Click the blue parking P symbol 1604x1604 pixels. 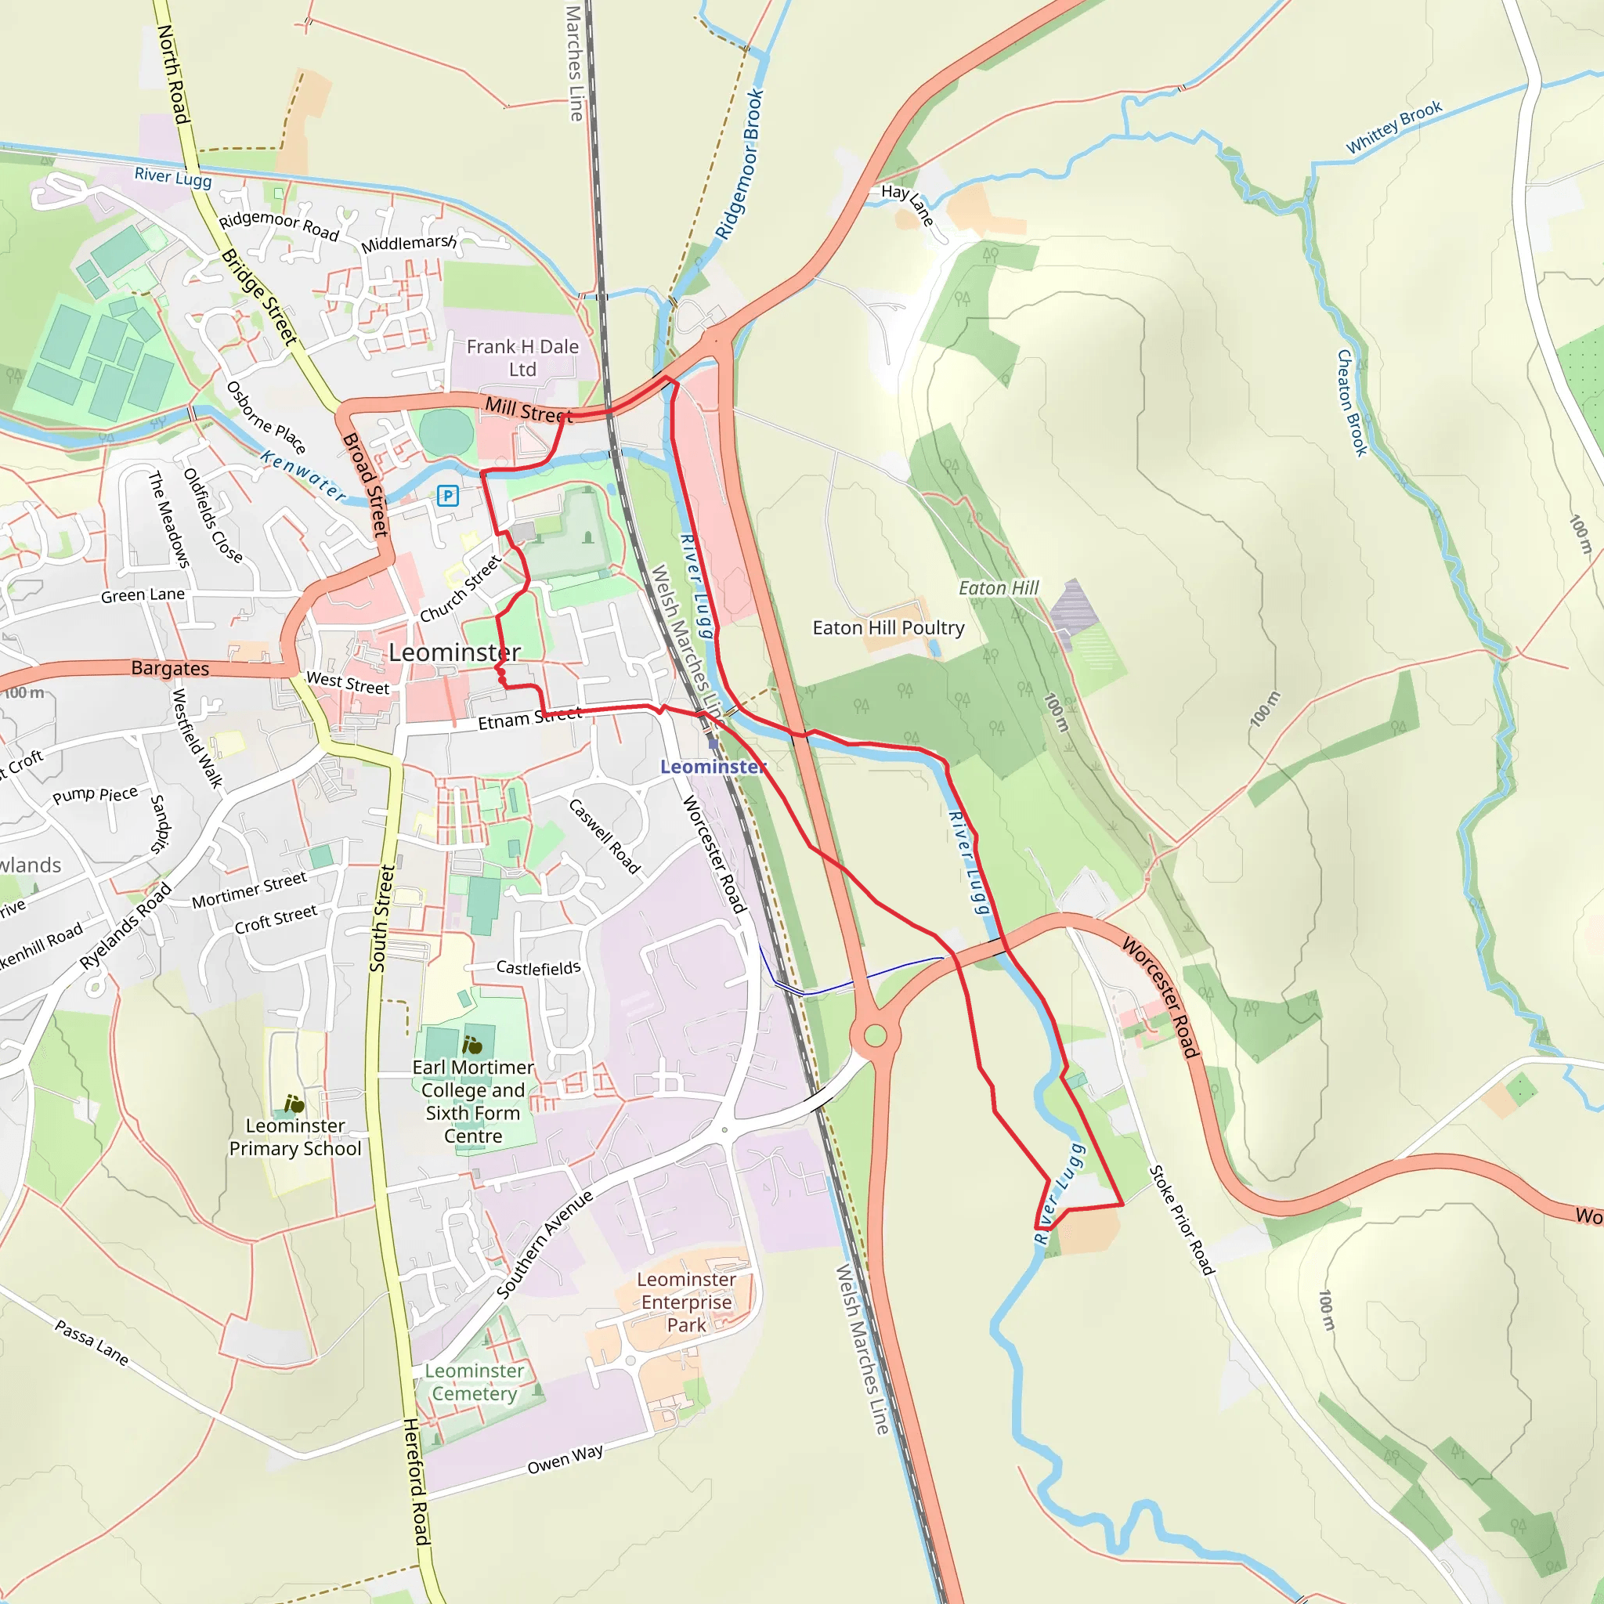pos(447,496)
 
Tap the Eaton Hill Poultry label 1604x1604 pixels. pos(888,627)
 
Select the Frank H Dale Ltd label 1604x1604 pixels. pos(522,358)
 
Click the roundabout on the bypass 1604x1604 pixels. pos(875,1035)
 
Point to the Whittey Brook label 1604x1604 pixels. pos(1394,127)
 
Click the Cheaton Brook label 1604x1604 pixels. pos(1352,403)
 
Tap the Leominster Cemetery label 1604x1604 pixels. pos(475,1382)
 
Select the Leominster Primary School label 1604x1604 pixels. pos(295,1136)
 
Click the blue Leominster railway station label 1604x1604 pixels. pos(713,766)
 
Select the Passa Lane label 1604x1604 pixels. pos(92,1343)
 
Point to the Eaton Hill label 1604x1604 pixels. pos(999,588)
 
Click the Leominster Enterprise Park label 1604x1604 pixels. pos(687,1302)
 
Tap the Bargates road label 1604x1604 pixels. pos(170,668)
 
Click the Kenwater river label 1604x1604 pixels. pos(303,475)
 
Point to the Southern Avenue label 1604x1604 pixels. pos(545,1244)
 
